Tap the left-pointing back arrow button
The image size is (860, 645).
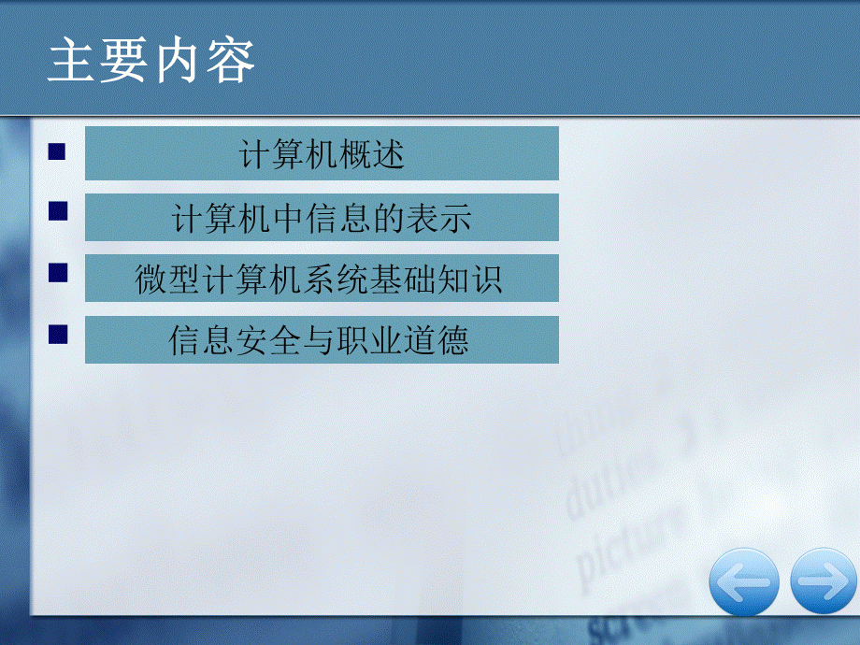pyautogui.click(x=743, y=581)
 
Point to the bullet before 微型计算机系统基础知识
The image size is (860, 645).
pyautogui.click(x=59, y=272)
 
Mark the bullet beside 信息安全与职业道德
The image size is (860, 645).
pyautogui.click(x=59, y=334)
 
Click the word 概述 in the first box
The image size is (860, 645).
pyautogui.click(x=372, y=154)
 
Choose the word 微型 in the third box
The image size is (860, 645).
pyautogui.click(x=168, y=279)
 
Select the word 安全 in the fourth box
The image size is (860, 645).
pyautogui.click(x=253, y=340)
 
